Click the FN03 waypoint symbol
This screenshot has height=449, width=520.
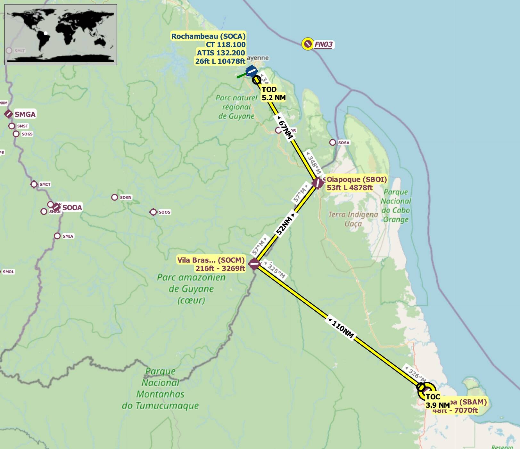point(308,44)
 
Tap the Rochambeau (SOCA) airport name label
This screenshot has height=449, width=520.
point(208,36)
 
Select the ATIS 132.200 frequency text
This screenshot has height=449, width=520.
point(221,53)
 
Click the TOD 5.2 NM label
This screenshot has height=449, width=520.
point(273,94)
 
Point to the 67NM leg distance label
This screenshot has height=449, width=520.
point(285,129)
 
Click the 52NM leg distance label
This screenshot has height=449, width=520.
point(284,225)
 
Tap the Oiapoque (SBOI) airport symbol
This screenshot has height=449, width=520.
point(318,183)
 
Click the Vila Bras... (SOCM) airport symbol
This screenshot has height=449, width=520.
point(254,264)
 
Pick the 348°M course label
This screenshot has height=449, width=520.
point(314,164)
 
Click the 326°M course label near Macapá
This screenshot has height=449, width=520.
point(417,374)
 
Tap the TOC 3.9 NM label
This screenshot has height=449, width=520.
point(437,401)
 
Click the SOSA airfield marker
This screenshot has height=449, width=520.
point(333,142)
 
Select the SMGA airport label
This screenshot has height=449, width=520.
point(25,114)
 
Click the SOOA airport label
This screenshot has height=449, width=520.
point(72,208)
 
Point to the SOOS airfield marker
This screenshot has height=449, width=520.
point(153,212)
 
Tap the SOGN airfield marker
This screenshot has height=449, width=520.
point(114,197)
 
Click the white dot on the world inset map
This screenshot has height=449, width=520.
point(46,33)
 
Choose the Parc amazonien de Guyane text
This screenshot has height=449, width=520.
point(191,289)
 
